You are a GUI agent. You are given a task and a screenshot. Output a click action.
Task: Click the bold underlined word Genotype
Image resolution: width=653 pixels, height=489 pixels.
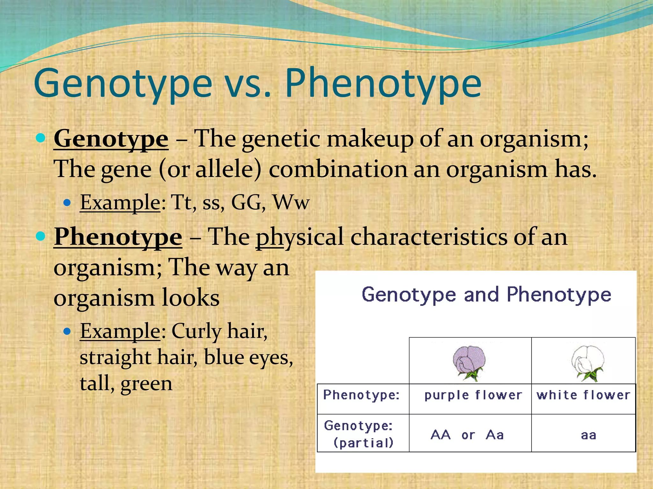tap(111, 139)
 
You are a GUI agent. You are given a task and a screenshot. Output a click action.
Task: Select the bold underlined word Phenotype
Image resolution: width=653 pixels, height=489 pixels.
tap(118, 237)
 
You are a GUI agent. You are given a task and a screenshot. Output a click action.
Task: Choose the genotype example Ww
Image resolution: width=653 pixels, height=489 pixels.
tap(291, 202)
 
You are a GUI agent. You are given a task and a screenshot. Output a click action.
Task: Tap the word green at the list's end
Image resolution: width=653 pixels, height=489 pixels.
tap(146, 383)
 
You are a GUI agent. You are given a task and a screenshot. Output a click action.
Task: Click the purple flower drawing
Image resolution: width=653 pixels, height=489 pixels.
tap(469, 363)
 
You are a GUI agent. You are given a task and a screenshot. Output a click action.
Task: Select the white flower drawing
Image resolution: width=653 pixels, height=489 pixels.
tap(588, 363)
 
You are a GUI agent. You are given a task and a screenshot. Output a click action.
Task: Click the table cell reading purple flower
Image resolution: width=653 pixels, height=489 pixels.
tap(473, 395)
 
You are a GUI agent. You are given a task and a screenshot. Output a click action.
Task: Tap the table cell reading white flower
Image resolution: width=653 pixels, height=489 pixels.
tap(583, 395)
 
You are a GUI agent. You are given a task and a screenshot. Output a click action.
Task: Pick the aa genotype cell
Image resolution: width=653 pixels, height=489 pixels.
tap(588, 435)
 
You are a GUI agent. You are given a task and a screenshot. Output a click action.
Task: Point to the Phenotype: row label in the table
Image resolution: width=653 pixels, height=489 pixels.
tap(361, 395)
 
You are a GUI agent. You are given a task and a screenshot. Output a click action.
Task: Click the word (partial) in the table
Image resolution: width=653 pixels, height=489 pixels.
tap(363, 443)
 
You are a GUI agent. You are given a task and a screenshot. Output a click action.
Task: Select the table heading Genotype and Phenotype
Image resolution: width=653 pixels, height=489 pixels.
tap(486, 294)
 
